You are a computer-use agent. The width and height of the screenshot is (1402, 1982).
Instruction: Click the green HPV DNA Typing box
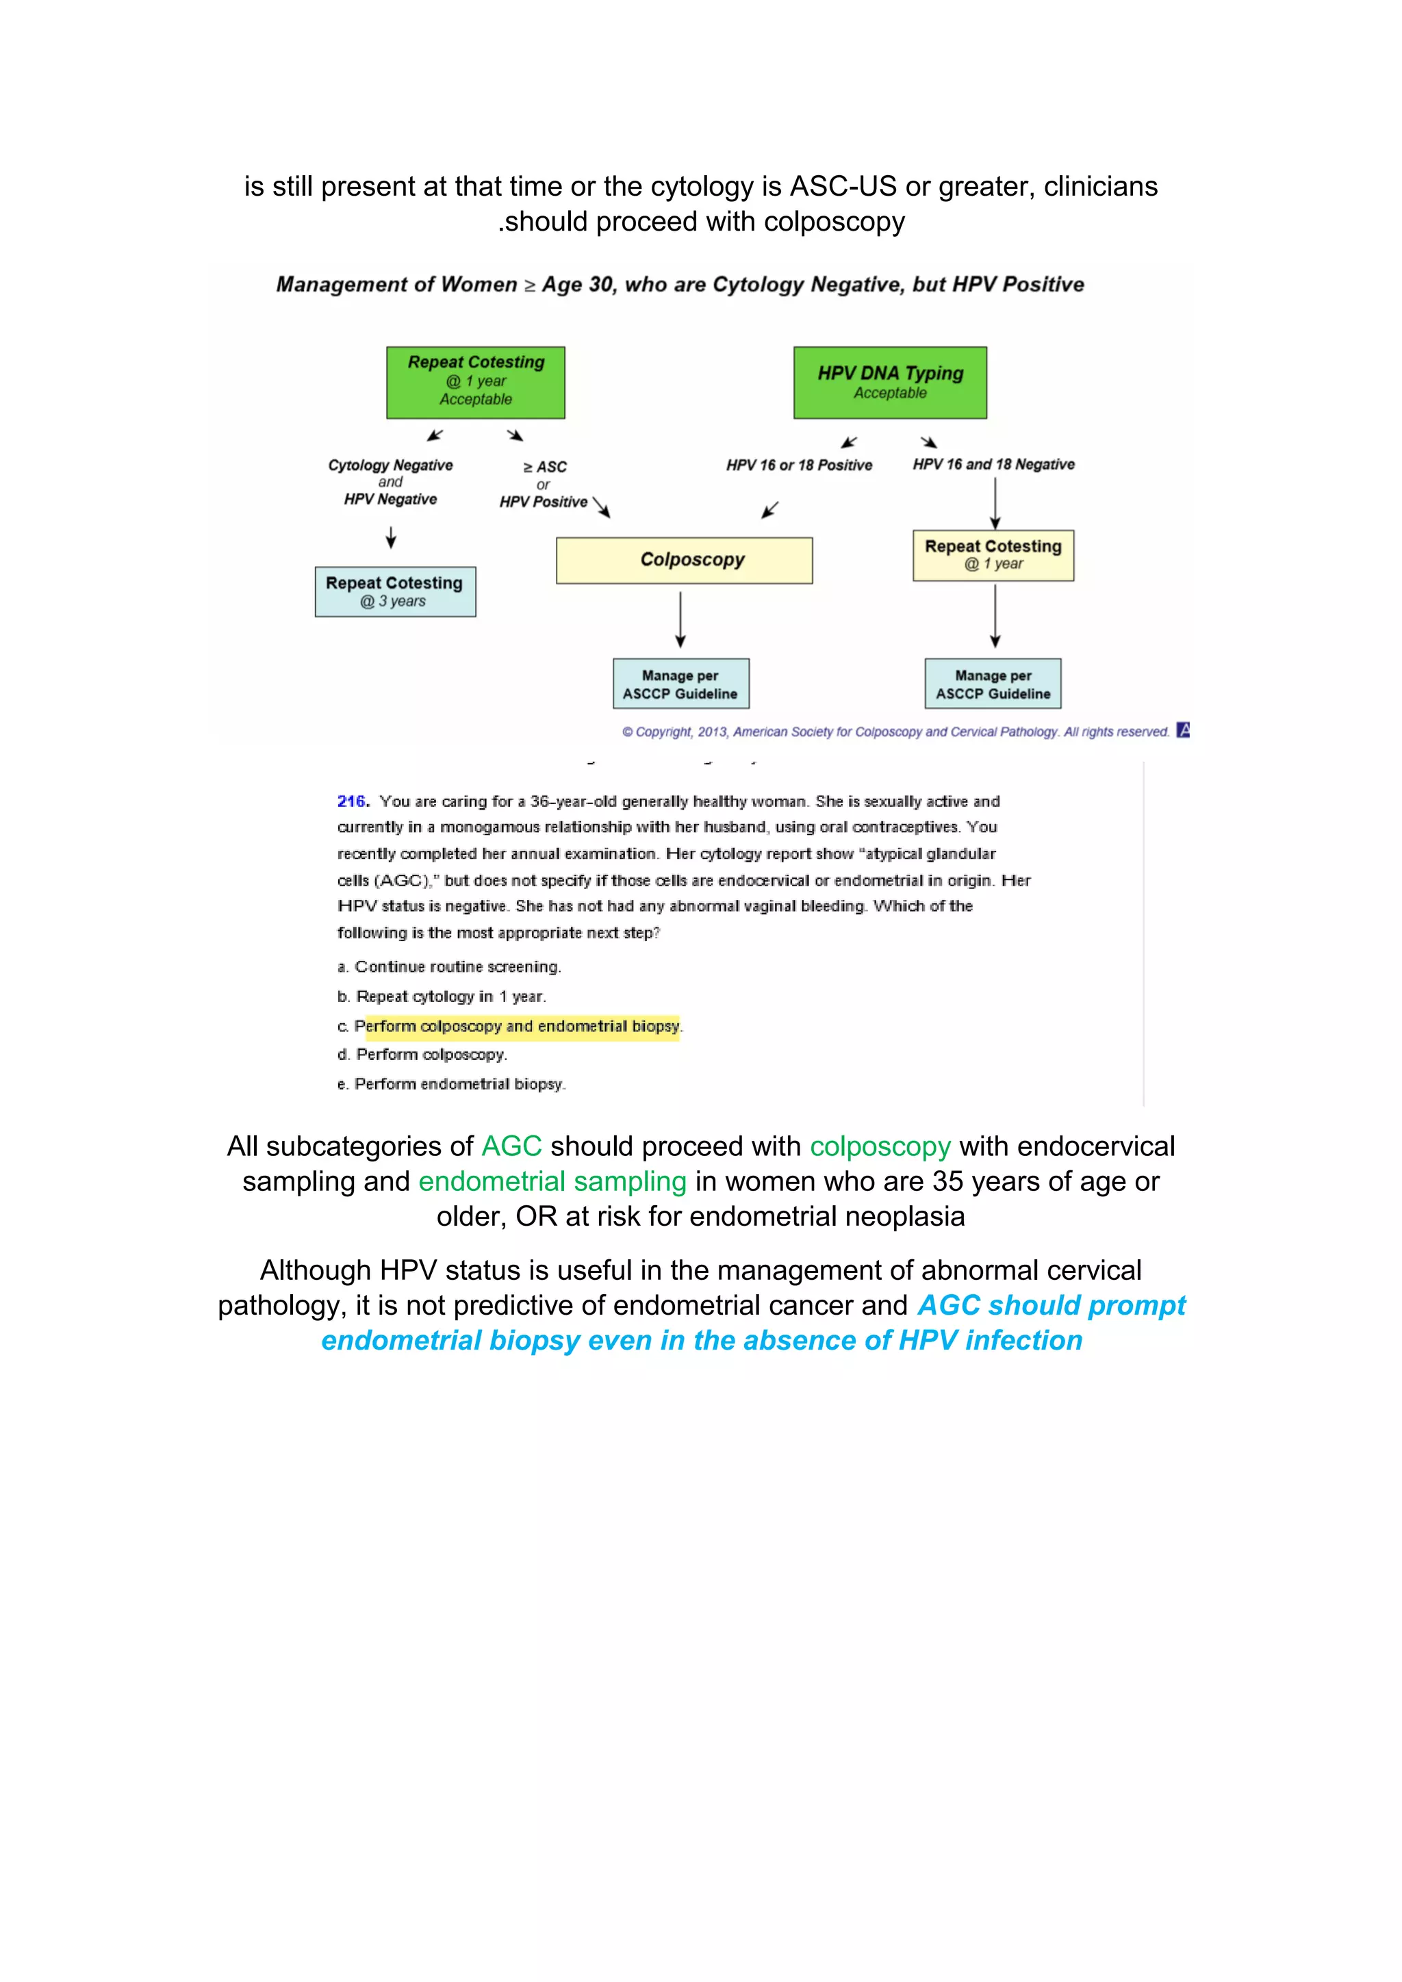(x=890, y=383)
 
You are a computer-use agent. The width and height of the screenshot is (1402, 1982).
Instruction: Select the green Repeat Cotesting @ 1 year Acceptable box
(x=476, y=383)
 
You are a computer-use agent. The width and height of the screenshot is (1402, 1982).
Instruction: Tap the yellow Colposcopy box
(x=684, y=561)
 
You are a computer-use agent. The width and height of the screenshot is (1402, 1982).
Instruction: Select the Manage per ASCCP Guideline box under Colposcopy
(x=680, y=684)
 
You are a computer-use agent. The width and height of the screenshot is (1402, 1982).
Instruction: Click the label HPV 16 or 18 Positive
(x=799, y=465)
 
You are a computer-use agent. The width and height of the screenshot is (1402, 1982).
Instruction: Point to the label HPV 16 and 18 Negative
(x=994, y=465)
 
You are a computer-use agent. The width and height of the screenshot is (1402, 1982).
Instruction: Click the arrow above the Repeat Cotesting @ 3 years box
(x=391, y=539)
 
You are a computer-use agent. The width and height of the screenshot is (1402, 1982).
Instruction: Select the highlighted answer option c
(x=518, y=1027)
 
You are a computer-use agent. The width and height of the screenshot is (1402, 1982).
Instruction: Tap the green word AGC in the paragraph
(x=511, y=1146)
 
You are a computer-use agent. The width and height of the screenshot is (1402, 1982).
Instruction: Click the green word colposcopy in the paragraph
(x=880, y=1146)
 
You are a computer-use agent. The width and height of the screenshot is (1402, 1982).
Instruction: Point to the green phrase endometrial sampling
(x=552, y=1181)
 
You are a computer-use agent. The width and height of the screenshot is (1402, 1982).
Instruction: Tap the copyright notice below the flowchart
(x=895, y=732)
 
